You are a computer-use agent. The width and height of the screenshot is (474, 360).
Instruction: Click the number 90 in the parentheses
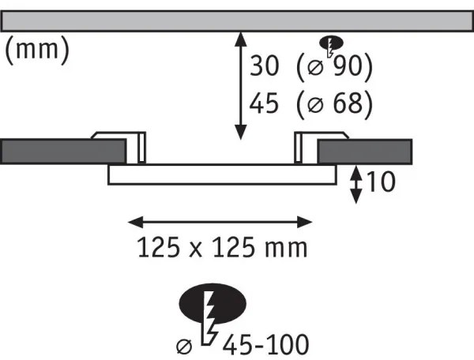[352, 67]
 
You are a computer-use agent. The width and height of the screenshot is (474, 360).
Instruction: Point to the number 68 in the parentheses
[352, 103]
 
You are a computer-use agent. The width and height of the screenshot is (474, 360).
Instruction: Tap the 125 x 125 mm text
[221, 248]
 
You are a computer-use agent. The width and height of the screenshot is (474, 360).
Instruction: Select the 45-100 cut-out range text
[265, 345]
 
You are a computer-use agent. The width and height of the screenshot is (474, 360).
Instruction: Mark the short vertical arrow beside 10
[357, 183]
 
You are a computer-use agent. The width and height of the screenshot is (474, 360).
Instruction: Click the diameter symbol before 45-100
[185, 344]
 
